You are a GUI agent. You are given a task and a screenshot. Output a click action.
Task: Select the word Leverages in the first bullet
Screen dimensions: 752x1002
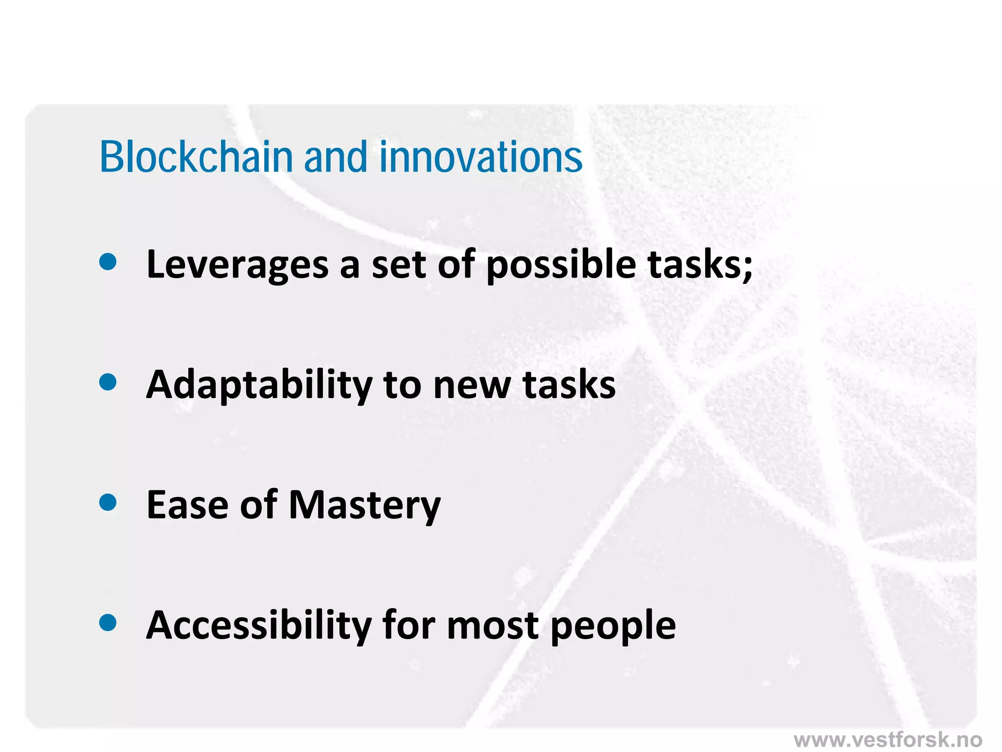pos(238,264)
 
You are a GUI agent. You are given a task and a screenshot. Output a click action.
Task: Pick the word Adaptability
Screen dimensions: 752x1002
pos(259,385)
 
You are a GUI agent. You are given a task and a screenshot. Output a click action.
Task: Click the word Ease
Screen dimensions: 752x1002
pos(187,504)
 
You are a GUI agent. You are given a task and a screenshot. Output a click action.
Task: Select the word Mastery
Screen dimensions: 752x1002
pos(364,505)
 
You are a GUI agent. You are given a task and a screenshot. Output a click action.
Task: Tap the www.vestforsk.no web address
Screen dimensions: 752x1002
pos(888,739)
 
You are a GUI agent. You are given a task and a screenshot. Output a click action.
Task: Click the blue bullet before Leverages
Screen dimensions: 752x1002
pos(108,261)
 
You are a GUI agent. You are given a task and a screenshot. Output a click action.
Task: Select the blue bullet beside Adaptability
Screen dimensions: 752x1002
pos(108,382)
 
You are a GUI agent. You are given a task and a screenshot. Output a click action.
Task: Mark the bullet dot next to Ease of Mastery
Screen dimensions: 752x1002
pos(108,502)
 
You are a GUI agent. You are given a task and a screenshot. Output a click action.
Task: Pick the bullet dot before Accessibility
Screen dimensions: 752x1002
pos(108,623)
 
